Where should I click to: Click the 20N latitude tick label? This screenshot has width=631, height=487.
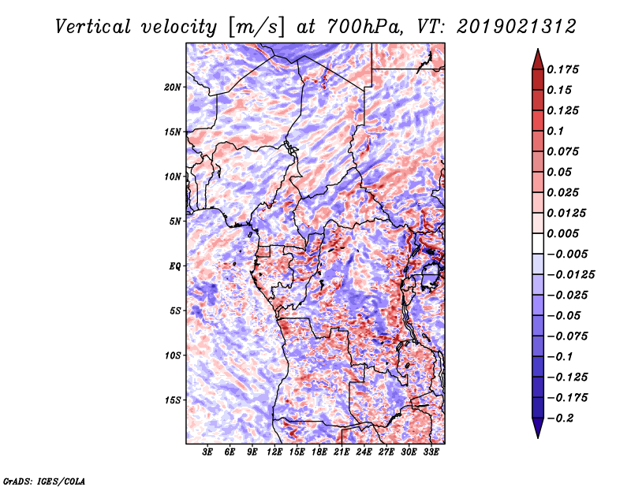[173, 87]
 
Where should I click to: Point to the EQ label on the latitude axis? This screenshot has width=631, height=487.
[175, 266]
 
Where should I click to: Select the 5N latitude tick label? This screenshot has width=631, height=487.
[175, 221]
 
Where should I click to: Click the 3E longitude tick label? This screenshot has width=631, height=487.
[207, 452]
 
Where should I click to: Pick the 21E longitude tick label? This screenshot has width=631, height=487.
[342, 452]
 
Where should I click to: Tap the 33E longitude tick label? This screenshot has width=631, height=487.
[431, 452]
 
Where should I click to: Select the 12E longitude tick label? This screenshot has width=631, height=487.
[274, 452]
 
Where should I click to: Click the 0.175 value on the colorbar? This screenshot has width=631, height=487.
[562, 69]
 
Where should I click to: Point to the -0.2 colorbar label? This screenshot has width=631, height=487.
[561, 418]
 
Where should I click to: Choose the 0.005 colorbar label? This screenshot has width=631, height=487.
[562, 233]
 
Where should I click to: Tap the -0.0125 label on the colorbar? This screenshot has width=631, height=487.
[570, 275]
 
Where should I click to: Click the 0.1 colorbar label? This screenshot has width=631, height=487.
[555, 131]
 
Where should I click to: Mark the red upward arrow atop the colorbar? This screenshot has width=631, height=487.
[538, 59]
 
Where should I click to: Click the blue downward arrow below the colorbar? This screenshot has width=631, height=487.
[538, 428]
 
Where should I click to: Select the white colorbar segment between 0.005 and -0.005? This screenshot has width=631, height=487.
[538, 243]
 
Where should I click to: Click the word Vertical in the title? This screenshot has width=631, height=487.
[93, 27]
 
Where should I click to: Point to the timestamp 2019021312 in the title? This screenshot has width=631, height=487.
[517, 27]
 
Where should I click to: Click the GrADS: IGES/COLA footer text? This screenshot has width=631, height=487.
[44, 481]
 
